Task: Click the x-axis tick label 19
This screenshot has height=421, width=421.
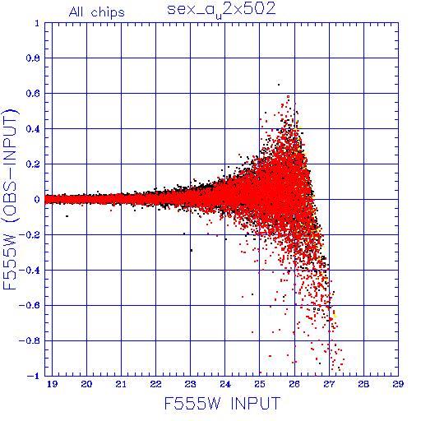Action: pos(52,384)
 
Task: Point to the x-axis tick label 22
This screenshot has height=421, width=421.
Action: pos(155,384)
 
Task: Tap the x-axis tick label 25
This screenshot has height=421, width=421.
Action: pos(260,384)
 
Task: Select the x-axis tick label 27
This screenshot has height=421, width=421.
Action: pos(329,384)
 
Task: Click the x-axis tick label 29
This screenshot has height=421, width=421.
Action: pos(398,384)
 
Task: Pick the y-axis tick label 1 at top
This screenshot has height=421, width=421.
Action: pos(37,23)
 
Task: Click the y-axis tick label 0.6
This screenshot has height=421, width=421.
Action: pos(33,94)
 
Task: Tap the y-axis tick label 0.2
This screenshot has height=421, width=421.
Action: pos(33,164)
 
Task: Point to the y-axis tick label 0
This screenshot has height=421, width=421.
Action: pos(37,199)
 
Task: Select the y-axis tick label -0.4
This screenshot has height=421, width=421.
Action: pos(30,271)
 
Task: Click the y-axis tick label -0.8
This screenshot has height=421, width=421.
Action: pos(30,340)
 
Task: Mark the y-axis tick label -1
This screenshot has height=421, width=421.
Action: pos(34,376)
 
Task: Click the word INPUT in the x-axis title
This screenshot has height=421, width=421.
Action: pos(256,403)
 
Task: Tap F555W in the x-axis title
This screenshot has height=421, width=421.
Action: pos(192,403)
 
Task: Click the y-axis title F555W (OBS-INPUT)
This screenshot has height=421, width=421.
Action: pos(10,199)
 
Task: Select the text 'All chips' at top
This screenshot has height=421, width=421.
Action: pos(97,12)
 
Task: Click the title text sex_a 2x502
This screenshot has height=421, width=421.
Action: pos(221,10)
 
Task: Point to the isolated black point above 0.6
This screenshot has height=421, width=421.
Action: pos(279,85)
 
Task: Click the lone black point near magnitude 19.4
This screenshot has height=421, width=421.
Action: pos(67,216)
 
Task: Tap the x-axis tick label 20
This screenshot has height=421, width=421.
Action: pos(86,384)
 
